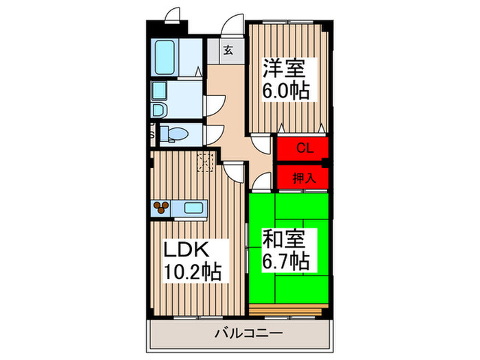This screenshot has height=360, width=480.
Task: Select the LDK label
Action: pos(185,248)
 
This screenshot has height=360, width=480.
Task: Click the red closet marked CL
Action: pos(302,147)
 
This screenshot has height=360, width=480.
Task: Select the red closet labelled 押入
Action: pos(302,177)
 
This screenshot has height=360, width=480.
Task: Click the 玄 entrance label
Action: pos(228,50)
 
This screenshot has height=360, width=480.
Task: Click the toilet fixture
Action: pos(176,134)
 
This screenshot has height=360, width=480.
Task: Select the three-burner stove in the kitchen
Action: pos(164,207)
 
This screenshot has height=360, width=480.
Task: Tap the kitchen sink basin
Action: pos(193,207)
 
